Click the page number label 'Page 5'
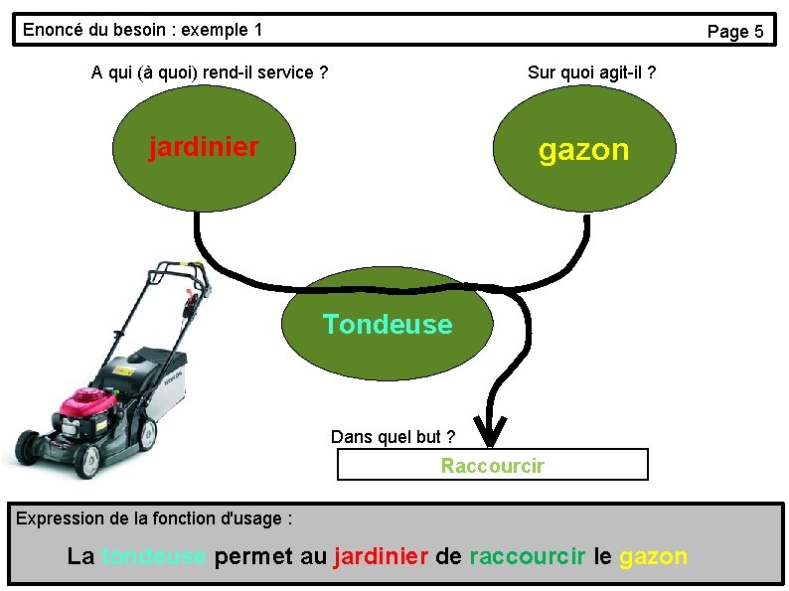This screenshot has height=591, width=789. point(734,32)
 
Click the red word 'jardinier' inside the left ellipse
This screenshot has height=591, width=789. point(204,148)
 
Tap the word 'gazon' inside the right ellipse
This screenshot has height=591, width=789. point(583,150)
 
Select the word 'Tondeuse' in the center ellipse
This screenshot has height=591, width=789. point(388,325)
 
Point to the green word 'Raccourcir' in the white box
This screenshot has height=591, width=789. point(493,466)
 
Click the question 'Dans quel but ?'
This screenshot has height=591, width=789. point(393,437)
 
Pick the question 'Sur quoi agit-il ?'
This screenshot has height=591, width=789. point(591,73)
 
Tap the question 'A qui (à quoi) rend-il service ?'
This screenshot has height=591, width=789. point(210,73)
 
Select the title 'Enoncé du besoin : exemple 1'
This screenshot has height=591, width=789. point(142,30)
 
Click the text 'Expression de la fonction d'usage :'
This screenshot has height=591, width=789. point(155,517)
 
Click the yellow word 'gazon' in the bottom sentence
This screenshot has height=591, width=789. point(653,556)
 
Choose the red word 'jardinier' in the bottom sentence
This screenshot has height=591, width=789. point(382,556)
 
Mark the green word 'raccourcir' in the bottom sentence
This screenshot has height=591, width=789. point(527,556)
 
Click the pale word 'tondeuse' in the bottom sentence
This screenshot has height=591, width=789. point(154,556)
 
